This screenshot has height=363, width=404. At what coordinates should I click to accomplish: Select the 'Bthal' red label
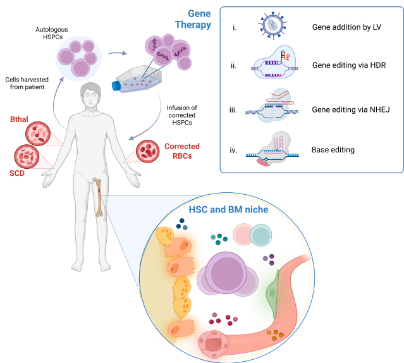pyautogui.click(x=21, y=119)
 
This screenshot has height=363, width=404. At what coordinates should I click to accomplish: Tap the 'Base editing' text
pyautogui.click(x=333, y=151)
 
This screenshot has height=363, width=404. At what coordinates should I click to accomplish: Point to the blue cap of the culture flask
pyautogui.click(x=117, y=86)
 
